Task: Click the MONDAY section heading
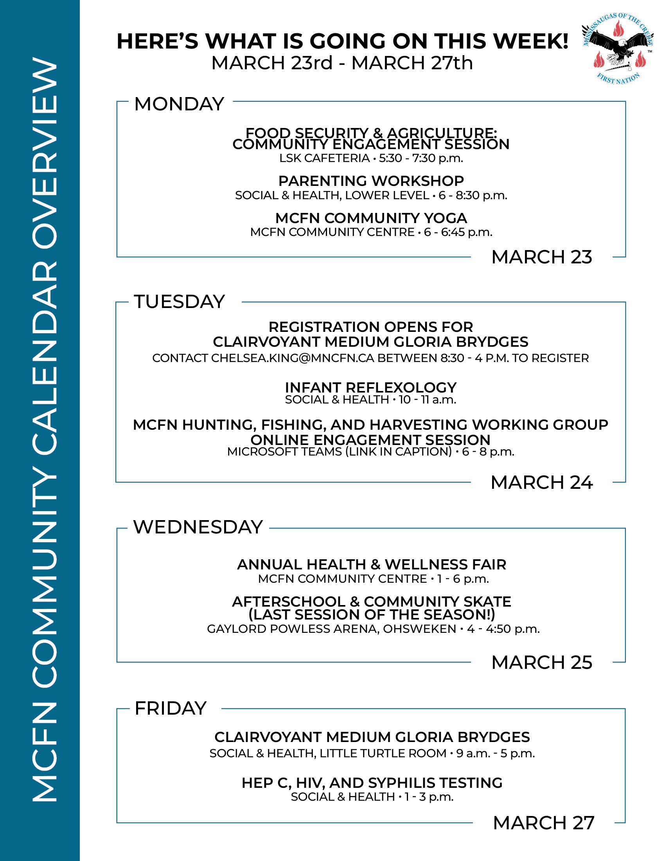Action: (x=179, y=104)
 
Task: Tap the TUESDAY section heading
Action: (x=179, y=302)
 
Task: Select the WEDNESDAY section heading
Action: (x=198, y=527)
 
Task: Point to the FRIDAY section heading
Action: (x=170, y=708)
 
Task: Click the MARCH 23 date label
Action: (x=542, y=257)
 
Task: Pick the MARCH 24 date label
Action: (x=542, y=483)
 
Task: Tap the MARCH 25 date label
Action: (x=542, y=662)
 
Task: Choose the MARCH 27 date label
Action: (x=543, y=823)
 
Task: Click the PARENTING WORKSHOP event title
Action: (x=371, y=181)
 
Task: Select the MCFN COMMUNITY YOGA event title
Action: (x=371, y=218)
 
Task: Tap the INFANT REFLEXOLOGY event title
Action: (x=371, y=387)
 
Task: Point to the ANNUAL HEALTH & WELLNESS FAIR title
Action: (x=372, y=564)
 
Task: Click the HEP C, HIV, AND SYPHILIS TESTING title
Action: (x=372, y=783)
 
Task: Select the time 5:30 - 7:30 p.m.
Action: (x=421, y=158)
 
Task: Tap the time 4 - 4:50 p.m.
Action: (x=503, y=629)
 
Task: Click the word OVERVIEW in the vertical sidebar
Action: (x=44, y=154)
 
